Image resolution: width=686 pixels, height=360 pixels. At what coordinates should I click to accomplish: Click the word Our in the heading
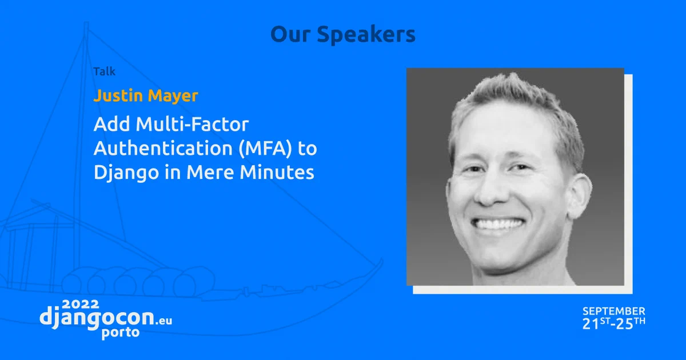tap(290, 34)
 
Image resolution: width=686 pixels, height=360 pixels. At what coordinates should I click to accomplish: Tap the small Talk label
tap(105, 71)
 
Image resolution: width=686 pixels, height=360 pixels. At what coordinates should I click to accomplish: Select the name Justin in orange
tap(118, 95)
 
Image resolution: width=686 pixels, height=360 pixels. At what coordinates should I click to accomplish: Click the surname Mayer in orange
tap(173, 97)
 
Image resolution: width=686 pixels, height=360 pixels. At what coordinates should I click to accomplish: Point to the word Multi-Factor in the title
tap(192, 124)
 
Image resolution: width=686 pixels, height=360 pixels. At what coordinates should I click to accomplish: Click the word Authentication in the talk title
tap(163, 148)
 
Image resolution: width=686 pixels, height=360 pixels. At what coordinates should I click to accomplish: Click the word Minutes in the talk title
tap(277, 172)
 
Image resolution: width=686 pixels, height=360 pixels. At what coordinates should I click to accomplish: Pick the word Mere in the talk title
tap(210, 173)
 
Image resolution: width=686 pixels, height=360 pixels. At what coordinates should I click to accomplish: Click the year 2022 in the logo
tap(81, 304)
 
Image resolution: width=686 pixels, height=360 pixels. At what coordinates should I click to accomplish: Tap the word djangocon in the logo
tap(97, 318)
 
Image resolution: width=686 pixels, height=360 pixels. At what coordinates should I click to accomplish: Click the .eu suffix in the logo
tap(164, 321)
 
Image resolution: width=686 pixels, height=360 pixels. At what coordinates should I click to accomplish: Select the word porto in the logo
tap(121, 333)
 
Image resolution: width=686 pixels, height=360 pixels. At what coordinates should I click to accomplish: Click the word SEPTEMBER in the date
tap(614, 311)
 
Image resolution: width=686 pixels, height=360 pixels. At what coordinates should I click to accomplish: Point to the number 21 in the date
tap(591, 324)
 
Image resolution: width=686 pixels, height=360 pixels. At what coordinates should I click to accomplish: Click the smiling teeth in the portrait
tap(499, 223)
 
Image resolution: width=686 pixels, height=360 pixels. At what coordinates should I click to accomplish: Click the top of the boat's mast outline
tap(86, 23)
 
